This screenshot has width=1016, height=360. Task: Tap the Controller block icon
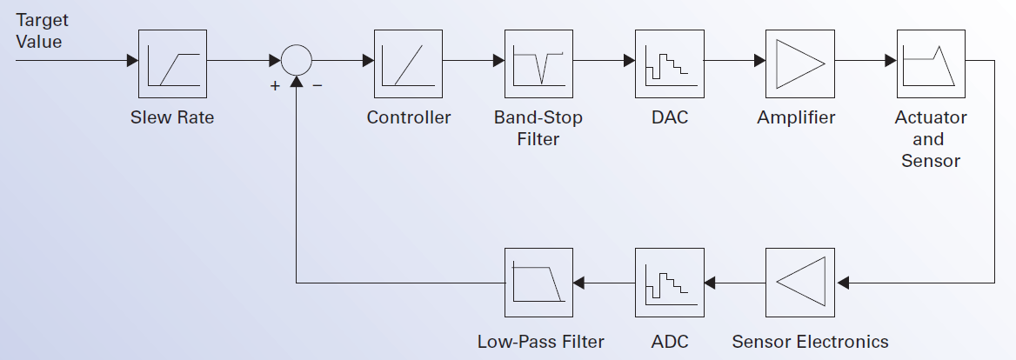click(409, 62)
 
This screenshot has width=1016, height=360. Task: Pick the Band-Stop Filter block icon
click(539, 62)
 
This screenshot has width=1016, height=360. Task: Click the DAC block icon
click(669, 62)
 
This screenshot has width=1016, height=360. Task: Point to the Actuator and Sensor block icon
click(931, 62)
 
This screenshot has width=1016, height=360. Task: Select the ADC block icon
click(669, 282)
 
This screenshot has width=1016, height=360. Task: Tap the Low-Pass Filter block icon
click(539, 282)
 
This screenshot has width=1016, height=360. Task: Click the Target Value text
click(39, 30)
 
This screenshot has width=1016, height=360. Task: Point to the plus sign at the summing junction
click(275, 87)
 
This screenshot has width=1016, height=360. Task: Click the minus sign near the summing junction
click(317, 87)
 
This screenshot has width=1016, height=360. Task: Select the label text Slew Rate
click(172, 117)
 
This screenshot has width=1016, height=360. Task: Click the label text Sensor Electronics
click(810, 341)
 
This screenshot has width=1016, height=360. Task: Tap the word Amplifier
click(796, 117)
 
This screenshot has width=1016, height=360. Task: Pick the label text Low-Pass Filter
click(540, 341)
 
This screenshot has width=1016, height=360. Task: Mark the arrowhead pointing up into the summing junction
click(297, 82)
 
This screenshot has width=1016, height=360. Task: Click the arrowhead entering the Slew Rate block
click(132, 62)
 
